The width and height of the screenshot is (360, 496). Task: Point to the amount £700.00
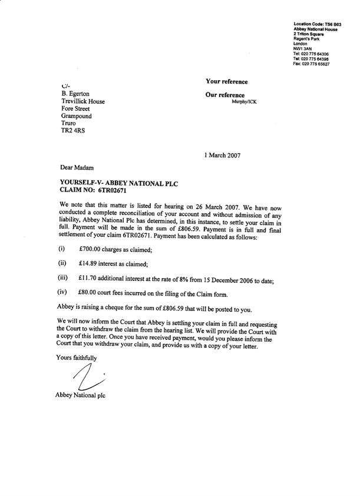[90, 250]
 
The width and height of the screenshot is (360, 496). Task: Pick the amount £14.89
[88, 263]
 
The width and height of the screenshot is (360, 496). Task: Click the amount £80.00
[88, 293]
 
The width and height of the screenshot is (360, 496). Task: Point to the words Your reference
[226, 81]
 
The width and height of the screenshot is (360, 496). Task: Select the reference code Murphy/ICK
[244, 102]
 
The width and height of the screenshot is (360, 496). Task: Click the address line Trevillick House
[83, 101]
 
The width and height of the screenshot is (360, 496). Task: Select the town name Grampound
[77, 117]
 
